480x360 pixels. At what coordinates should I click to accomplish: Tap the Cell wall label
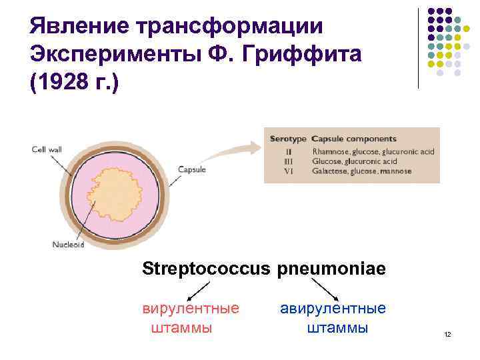point(47,149)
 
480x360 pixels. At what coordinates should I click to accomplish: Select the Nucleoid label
point(69,244)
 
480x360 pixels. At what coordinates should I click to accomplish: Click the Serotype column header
point(288,139)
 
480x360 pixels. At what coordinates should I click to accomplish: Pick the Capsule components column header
point(354,139)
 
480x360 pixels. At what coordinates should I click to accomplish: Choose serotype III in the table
point(289,161)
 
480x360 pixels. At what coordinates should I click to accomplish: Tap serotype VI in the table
point(289,171)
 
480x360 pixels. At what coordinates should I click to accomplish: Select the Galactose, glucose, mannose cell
point(361,171)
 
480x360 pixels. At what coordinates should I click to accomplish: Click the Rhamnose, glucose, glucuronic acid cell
point(373,151)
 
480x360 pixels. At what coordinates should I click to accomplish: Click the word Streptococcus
point(204,269)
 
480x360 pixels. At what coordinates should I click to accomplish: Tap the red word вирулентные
point(191,309)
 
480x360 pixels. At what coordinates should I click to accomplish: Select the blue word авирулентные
point(333,309)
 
